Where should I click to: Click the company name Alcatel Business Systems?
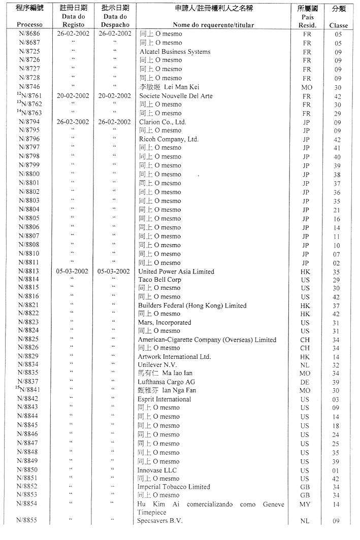click(175, 52)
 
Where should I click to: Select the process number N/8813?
click(29, 272)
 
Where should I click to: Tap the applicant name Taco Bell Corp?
click(160, 280)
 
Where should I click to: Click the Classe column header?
click(339, 25)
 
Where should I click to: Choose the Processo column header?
click(29, 25)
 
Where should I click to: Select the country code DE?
click(306, 382)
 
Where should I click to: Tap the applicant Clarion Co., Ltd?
click(162, 122)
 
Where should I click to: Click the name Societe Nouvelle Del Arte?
click(176, 96)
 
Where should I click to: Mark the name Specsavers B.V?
click(160, 521)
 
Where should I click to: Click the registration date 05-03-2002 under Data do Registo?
click(72, 272)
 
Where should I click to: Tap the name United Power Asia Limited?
click(176, 272)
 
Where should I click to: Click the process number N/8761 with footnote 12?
click(29, 96)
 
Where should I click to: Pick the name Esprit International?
click(164, 399)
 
